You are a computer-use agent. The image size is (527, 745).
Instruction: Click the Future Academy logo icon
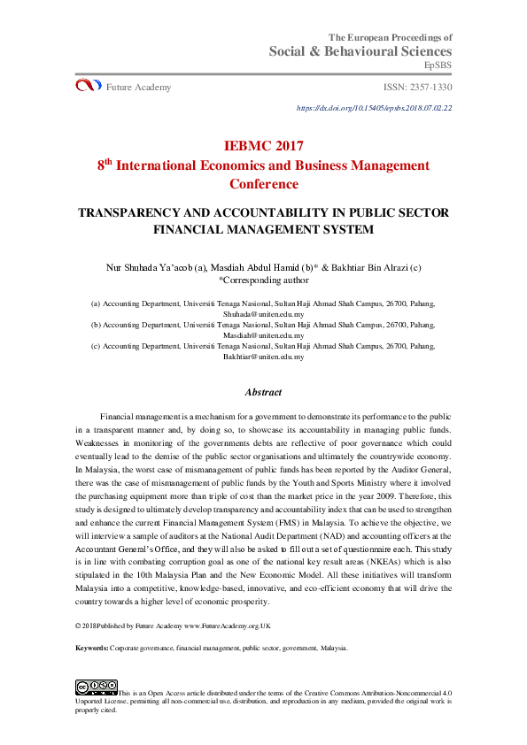click(x=88, y=86)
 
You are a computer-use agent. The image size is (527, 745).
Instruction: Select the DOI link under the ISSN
click(x=375, y=108)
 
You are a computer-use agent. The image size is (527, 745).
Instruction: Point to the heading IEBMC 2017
click(x=263, y=146)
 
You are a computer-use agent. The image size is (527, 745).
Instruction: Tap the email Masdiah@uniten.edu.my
click(x=263, y=335)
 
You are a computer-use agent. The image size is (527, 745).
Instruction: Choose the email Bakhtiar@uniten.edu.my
click(x=263, y=357)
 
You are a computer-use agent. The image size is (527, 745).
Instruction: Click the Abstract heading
click(x=263, y=392)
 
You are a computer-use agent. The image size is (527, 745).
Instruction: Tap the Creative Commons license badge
click(x=97, y=687)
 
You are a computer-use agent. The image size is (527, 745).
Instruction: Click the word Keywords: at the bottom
click(x=92, y=649)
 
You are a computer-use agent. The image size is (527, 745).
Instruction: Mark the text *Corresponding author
click(x=263, y=280)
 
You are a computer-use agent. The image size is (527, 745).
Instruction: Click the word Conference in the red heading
click(x=263, y=184)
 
